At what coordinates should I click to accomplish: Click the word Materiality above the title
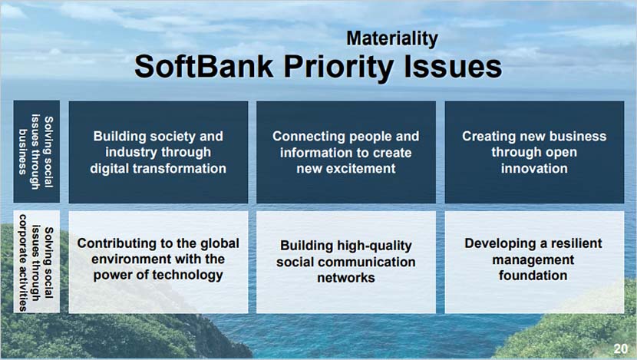tap(392, 39)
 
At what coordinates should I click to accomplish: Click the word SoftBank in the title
tap(203, 67)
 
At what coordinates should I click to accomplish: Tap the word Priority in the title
tap(338, 68)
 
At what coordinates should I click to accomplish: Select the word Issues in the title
tap(454, 67)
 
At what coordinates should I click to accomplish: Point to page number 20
tap(621, 348)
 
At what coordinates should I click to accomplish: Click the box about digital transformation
tap(158, 152)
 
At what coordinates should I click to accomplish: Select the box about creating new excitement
tap(346, 152)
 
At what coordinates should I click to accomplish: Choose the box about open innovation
tap(534, 152)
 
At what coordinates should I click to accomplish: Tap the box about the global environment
tap(158, 262)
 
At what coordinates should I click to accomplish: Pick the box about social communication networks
tap(346, 262)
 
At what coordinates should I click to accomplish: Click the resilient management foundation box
tap(534, 262)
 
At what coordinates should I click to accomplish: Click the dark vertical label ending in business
tap(37, 151)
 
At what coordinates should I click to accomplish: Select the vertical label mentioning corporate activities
tap(37, 262)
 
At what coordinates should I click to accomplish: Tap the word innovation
tap(534, 169)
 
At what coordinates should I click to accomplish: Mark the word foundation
tap(533, 276)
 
